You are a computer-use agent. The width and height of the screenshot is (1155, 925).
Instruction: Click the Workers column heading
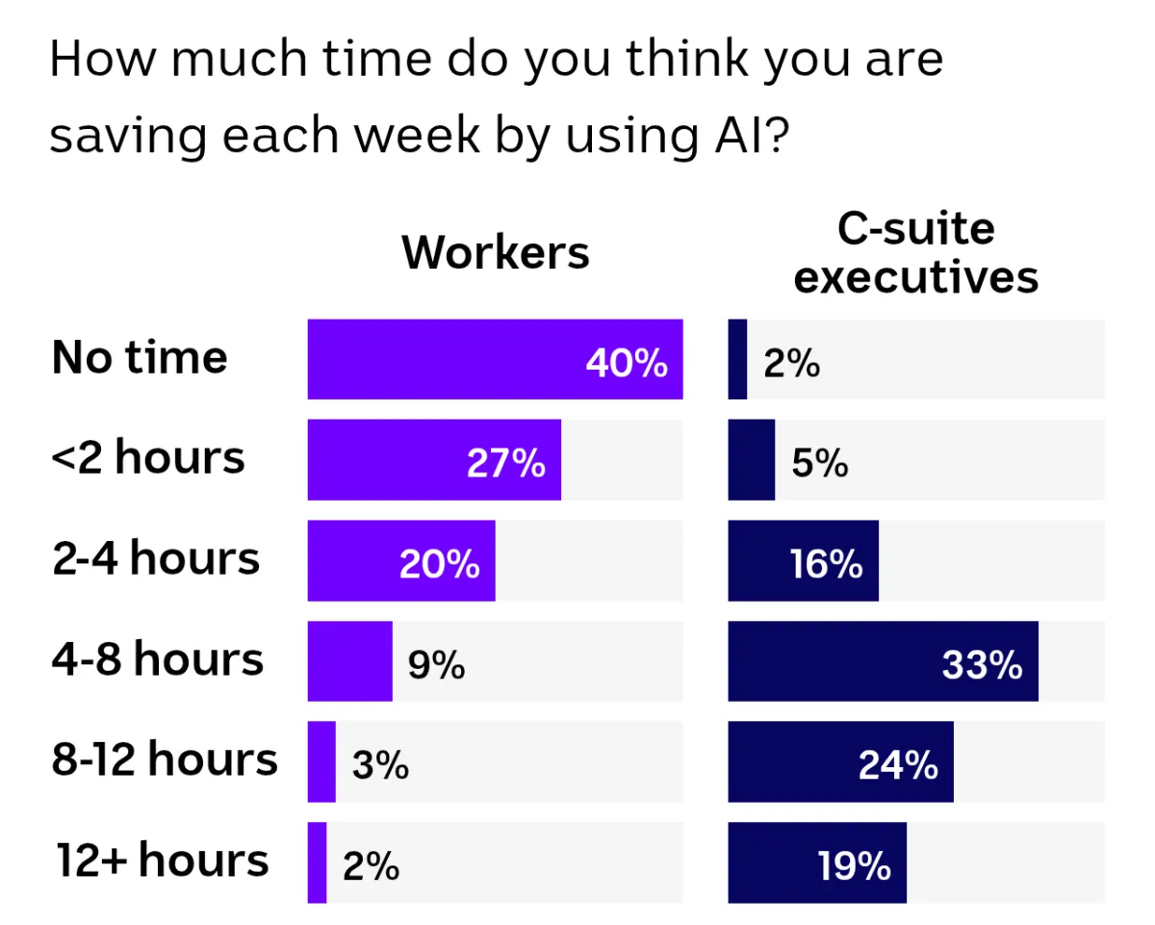coord(495,252)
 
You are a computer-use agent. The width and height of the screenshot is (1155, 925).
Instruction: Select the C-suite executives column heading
coord(916,253)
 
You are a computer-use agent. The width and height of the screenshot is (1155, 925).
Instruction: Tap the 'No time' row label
coord(141,358)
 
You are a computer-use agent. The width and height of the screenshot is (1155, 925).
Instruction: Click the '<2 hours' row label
coord(148,458)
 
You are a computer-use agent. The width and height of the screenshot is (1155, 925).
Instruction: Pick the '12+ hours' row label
coord(162,860)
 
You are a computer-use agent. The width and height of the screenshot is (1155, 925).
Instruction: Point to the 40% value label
coord(627,364)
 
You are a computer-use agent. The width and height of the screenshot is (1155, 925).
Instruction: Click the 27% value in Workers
coord(506,464)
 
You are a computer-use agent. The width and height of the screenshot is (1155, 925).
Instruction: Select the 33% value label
coord(982,665)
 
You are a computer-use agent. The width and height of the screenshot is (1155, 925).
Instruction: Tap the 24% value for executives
coord(898,765)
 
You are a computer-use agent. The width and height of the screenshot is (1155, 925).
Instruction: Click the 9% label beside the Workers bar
coord(436,665)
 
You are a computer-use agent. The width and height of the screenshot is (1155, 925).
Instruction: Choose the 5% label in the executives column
coord(820,465)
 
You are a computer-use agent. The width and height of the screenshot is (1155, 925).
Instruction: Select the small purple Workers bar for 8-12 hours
coord(321,761)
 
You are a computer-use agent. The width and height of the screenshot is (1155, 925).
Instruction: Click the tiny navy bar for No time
coord(737,359)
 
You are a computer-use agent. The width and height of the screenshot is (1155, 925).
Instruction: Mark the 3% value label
coord(380,766)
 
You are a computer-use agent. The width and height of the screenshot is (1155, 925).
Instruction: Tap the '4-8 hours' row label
coord(158,659)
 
